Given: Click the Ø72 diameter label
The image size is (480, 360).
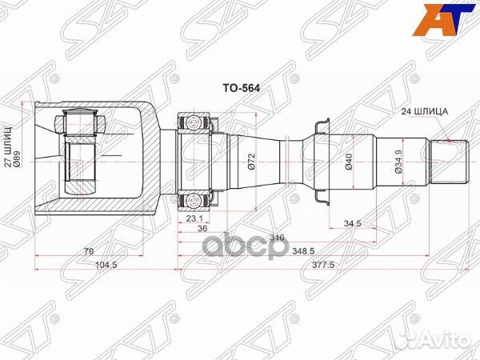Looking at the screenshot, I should click(250, 163).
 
